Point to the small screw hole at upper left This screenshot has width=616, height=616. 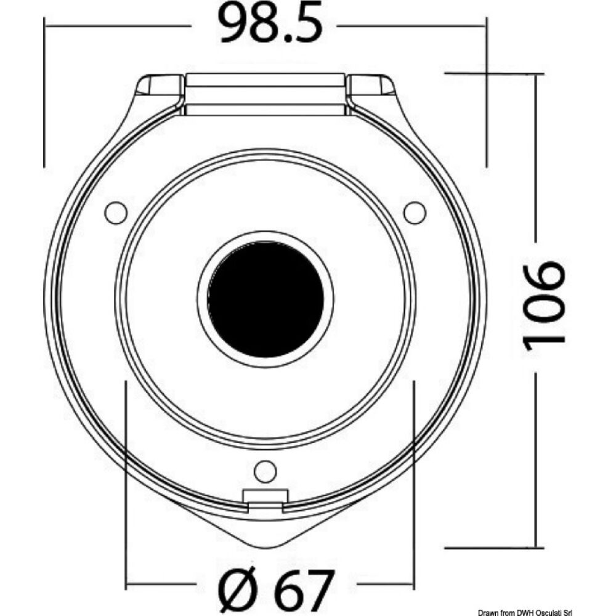click(x=116, y=212)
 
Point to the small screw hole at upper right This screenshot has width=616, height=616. click(x=415, y=212)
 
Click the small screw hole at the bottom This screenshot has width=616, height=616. click(x=265, y=471)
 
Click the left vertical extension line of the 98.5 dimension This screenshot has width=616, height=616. click(x=45, y=92)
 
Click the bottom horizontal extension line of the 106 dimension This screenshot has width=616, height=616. click(x=493, y=546)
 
